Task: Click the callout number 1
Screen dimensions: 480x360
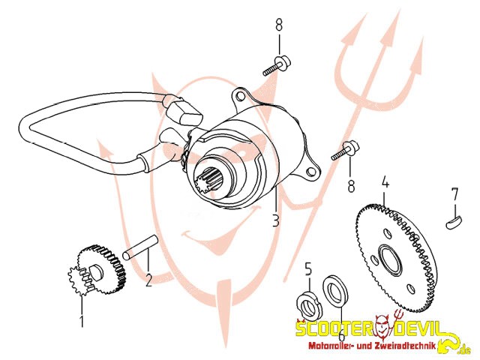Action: [82, 321]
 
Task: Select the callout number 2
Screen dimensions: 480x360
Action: [148, 280]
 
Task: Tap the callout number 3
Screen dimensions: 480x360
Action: [276, 220]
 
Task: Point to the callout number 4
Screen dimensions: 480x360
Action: [385, 182]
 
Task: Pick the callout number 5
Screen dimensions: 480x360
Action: [308, 270]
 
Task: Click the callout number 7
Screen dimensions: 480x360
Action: [455, 195]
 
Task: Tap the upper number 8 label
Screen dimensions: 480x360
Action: [279, 25]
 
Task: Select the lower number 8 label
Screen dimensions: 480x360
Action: [351, 185]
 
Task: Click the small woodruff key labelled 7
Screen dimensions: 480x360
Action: [454, 221]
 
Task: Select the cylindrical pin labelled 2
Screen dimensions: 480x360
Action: [140, 247]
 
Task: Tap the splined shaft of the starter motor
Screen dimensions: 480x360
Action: [208, 184]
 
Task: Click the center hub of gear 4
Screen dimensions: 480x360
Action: [389, 258]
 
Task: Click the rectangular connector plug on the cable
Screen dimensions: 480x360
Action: [184, 112]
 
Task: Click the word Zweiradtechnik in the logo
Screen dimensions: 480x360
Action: [407, 346]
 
